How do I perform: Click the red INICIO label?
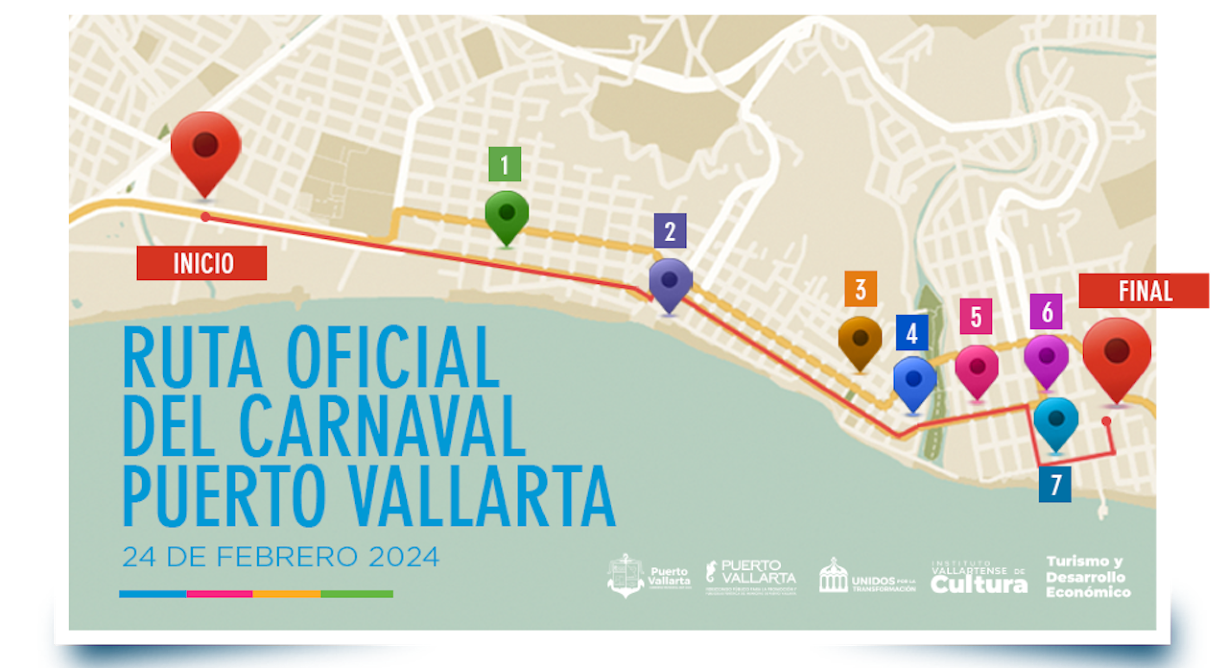pos(202,263)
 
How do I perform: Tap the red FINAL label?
pos(1144,291)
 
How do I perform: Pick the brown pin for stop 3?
pos(860,339)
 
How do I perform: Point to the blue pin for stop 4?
pos(914,379)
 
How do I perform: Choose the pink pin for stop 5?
pos(977,367)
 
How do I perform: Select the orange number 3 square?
pos(860,289)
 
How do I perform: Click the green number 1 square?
pos(505,165)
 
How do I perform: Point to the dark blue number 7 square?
pos(1055,484)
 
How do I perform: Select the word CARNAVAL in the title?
pos(381,427)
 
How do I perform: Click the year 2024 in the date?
pos(403,557)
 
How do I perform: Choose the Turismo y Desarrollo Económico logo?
pos(1088,577)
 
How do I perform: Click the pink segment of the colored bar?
pos(219,594)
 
